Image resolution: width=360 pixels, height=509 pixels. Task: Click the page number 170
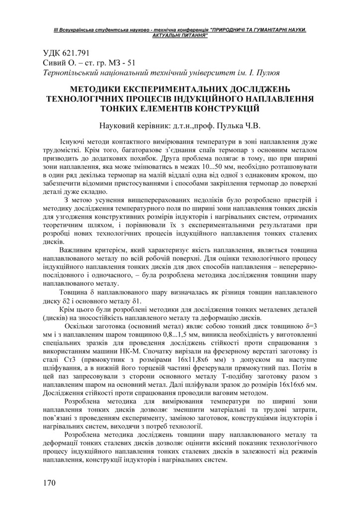[x=49, y=483]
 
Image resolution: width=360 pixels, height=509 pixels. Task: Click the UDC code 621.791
[x=73, y=52]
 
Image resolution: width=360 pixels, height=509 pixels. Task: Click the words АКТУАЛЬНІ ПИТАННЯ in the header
[x=180, y=36]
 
